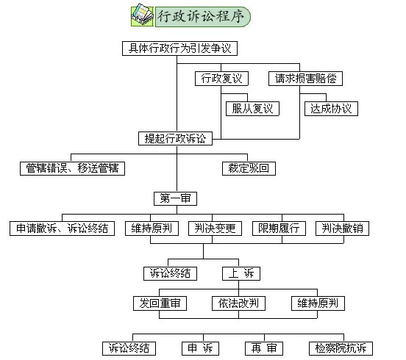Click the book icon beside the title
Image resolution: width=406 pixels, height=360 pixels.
(x=142, y=15)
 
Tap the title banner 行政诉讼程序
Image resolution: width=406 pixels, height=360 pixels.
(x=203, y=17)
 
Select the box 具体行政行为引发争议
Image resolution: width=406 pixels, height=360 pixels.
(x=179, y=48)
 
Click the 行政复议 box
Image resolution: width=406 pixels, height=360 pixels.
(x=221, y=79)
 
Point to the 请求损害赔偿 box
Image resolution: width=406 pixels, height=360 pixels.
(x=305, y=79)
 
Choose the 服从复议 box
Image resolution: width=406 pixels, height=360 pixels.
(x=252, y=109)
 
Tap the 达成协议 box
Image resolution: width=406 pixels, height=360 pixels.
(x=331, y=109)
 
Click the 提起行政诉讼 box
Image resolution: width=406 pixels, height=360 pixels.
(x=175, y=139)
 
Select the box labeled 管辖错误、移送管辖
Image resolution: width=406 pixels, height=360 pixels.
(x=73, y=169)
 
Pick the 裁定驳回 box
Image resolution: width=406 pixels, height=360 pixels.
(x=249, y=169)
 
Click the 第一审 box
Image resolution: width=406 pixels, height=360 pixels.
(x=175, y=198)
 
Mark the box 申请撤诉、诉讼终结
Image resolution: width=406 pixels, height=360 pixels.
(x=62, y=228)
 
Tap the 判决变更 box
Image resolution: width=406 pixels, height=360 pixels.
(x=216, y=228)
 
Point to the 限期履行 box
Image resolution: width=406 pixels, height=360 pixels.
(x=279, y=228)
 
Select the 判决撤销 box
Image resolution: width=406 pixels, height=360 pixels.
(x=342, y=228)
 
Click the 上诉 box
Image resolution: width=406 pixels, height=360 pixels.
(x=241, y=273)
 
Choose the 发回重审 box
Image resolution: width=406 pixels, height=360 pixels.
(x=160, y=303)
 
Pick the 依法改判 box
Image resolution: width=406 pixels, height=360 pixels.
(x=238, y=303)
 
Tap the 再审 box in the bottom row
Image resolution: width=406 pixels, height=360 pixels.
(x=264, y=349)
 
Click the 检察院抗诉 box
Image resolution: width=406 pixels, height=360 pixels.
(x=341, y=349)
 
